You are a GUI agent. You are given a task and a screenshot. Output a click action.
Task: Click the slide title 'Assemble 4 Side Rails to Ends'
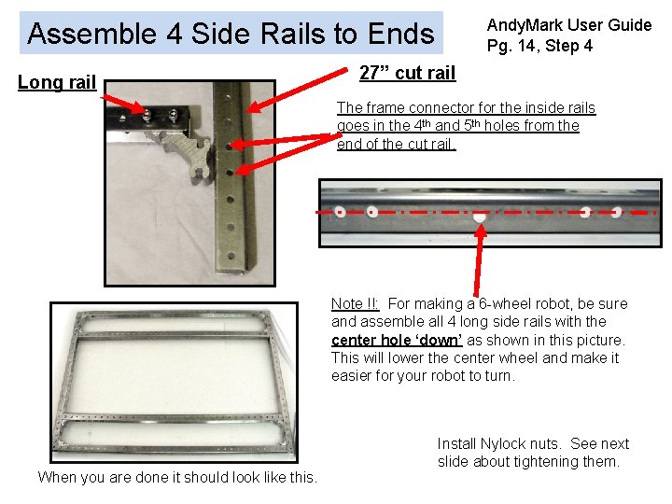[231, 35]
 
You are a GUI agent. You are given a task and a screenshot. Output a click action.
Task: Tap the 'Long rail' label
[57, 82]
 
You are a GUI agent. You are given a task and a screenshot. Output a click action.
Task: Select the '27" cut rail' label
[407, 73]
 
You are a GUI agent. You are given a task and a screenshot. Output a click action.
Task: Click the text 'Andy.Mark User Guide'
[568, 25]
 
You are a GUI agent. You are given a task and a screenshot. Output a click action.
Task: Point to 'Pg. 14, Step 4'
[539, 46]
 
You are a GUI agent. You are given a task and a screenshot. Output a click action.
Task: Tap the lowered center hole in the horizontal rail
[480, 217]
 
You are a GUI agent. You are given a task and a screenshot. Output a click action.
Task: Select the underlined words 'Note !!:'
[355, 304]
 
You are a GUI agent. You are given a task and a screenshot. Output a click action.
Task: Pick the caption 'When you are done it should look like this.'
[177, 477]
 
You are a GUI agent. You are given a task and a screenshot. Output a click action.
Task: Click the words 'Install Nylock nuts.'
[504, 443]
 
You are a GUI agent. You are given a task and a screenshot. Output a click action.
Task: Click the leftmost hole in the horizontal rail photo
[341, 212]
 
